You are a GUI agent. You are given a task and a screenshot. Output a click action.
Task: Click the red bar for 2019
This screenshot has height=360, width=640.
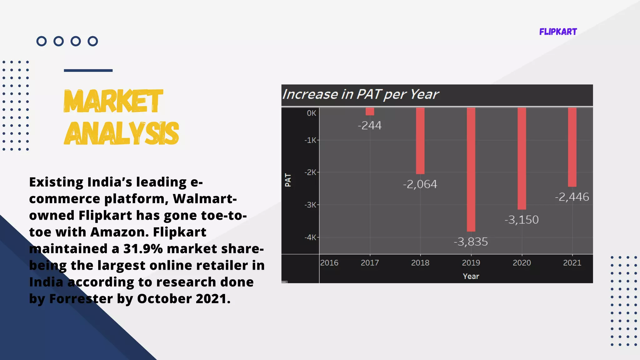pyautogui.click(x=471, y=169)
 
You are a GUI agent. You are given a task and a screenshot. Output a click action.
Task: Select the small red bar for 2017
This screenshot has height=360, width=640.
pyautogui.click(x=370, y=112)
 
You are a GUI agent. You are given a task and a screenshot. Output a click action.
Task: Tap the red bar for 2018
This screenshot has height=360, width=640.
pyautogui.click(x=420, y=141)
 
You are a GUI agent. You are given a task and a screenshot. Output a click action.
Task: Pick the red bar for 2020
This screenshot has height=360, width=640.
pyautogui.click(x=522, y=158)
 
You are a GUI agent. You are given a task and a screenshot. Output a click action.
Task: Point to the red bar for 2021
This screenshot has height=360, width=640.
pyautogui.click(x=572, y=147)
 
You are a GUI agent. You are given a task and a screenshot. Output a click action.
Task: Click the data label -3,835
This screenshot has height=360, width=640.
pyautogui.click(x=471, y=242)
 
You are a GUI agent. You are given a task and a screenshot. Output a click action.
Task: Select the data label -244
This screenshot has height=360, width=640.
pyautogui.click(x=370, y=125)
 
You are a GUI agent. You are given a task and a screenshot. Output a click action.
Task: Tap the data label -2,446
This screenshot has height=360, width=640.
pyautogui.click(x=572, y=197)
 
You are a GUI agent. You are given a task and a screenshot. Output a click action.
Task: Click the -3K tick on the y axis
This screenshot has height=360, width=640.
pyautogui.click(x=310, y=205)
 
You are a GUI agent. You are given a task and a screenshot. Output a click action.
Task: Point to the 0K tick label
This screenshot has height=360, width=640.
pyautogui.click(x=311, y=113)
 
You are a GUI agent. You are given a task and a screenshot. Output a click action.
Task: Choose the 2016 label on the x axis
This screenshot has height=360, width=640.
pyautogui.click(x=329, y=263)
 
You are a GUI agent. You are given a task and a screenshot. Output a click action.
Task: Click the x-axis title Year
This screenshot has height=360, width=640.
pyautogui.click(x=471, y=276)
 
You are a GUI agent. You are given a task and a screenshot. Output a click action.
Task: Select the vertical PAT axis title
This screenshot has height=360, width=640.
pyautogui.click(x=288, y=180)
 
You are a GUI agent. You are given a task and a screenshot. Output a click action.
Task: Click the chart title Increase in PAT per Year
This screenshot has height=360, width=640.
pyautogui.click(x=360, y=94)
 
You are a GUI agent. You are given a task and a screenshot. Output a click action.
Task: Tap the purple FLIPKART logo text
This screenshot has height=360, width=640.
pyautogui.click(x=558, y=32)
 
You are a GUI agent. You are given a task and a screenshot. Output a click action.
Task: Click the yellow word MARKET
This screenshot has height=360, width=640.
pyautogui.click(x=113, y=101)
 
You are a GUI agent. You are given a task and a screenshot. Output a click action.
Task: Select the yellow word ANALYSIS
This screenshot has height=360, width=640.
pyautogui.click(x=121, y=133)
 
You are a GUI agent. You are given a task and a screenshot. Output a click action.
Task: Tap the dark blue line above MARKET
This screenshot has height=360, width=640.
pyautogui.click(x=88, y=71)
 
